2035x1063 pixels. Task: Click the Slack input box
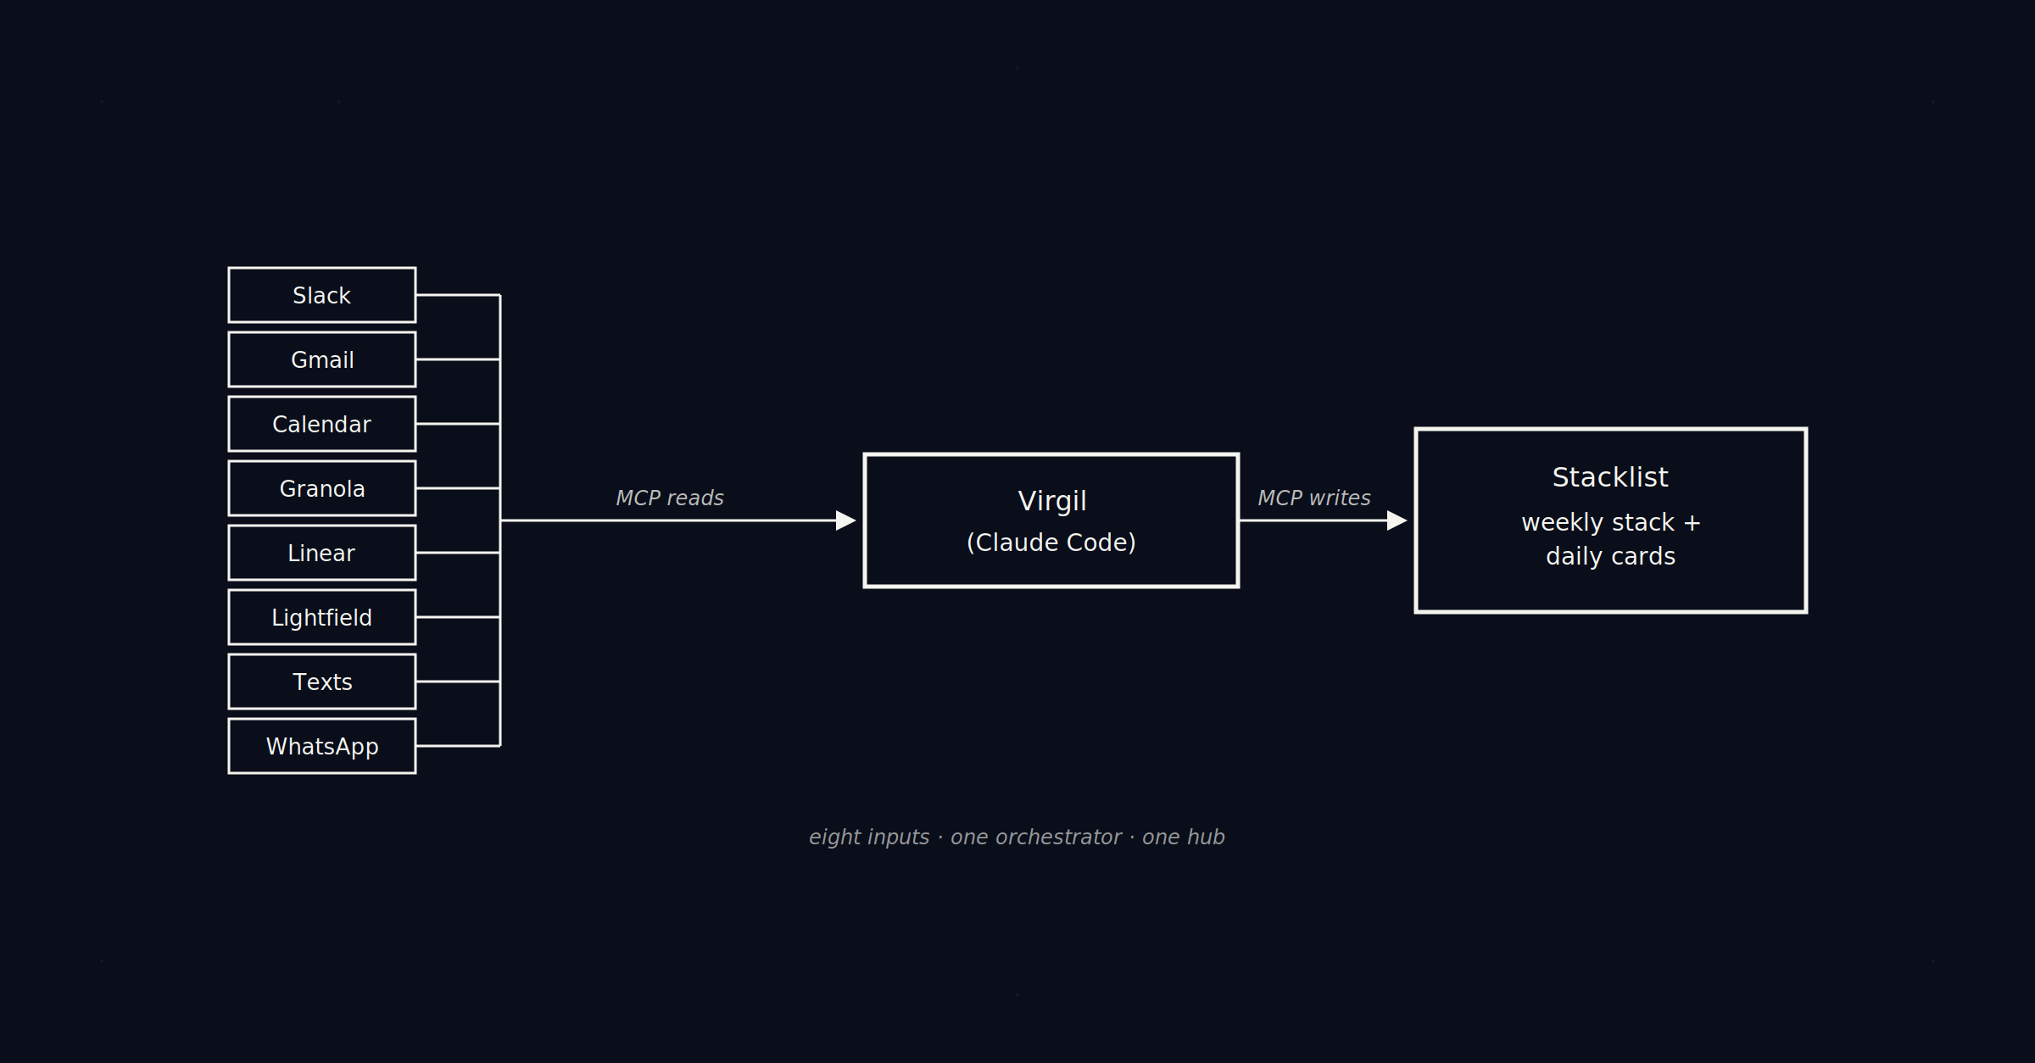click(321, 295)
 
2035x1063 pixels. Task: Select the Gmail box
click(321, 359)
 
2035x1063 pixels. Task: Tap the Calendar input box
click(321, 424)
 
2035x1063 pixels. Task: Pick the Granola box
click(321, 488)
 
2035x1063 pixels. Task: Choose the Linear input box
click(321, 553)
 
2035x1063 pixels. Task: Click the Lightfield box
click(321, 617)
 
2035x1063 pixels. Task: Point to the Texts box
click(321, 682)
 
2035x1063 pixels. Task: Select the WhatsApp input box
click(321, 746)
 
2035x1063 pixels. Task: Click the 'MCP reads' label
click(669, 498)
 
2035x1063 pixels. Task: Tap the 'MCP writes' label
click(1313, 498)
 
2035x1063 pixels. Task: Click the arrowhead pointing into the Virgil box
click(845, 520)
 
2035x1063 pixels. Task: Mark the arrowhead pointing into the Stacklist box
click(1397, 520)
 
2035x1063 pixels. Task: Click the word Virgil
click(1051, 501)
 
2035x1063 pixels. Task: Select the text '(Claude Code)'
click(1051, 543)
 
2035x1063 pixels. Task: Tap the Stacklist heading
click(1609, 477)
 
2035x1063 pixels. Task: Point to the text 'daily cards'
click(1610, 556)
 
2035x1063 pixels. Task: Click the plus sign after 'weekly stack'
click(1692, 523)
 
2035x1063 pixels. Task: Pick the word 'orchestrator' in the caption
click(1035, 838)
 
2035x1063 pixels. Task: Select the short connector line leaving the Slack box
click(458, 295)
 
